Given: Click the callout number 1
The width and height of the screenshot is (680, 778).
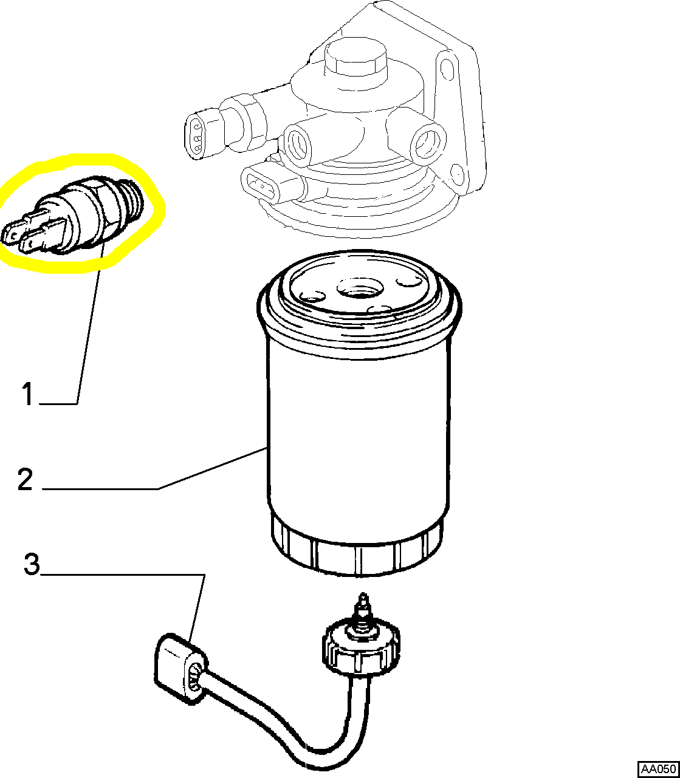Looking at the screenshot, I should [28, 394].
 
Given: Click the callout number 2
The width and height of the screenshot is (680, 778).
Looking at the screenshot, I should [25, 480].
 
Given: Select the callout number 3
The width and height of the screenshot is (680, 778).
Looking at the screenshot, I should [32, 564].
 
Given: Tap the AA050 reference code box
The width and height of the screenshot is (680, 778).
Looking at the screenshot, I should [658, 769].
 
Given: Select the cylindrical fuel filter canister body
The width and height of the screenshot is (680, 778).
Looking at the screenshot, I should [359, 425].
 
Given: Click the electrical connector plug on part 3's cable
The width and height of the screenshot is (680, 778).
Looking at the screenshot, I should [179, 668].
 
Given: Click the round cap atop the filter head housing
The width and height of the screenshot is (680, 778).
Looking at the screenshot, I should [355, 58].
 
